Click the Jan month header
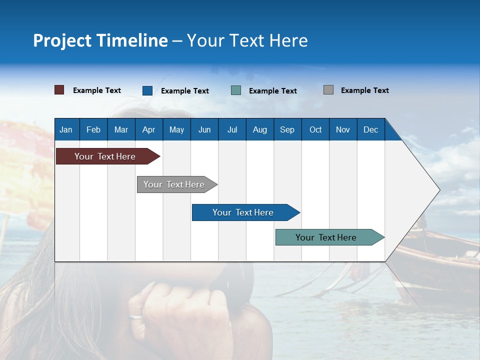(x=66, y=129)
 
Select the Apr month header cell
(x=149, y=129)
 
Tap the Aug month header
(x=260, y=129)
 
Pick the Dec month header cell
(x=371, y=129)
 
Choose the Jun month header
(x=204, y=129)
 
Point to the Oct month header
(x=315, y=129)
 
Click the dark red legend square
(x=59, y=90)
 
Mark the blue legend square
(x=147, y=90)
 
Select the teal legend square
(x=236, y=90)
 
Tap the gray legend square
(x=328, y=90)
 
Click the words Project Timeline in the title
(x=100, y=40)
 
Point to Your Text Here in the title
(x=247, y=40)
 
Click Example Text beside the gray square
(x=364, y=90)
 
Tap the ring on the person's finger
(x=135, y=317)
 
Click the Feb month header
(x=93, y=129)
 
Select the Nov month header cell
(x=343, y=129)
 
